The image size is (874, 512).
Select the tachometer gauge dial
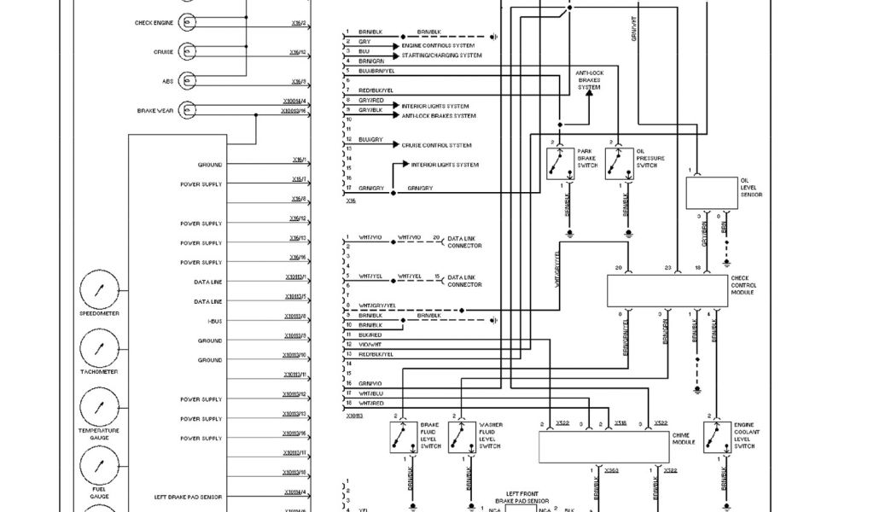click(99, 348)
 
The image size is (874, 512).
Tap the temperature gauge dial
click(99, 407)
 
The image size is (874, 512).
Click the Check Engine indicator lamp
click(188, 23)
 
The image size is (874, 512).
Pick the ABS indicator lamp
click(188, 82)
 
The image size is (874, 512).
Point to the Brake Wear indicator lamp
click(188, 111)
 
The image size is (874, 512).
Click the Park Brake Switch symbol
click(560, 163)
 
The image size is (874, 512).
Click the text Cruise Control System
click(436, 145)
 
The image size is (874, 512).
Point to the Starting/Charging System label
click(441, 55)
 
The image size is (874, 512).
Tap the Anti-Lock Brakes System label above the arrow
click(589, 80)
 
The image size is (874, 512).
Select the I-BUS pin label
click(215, 321)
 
